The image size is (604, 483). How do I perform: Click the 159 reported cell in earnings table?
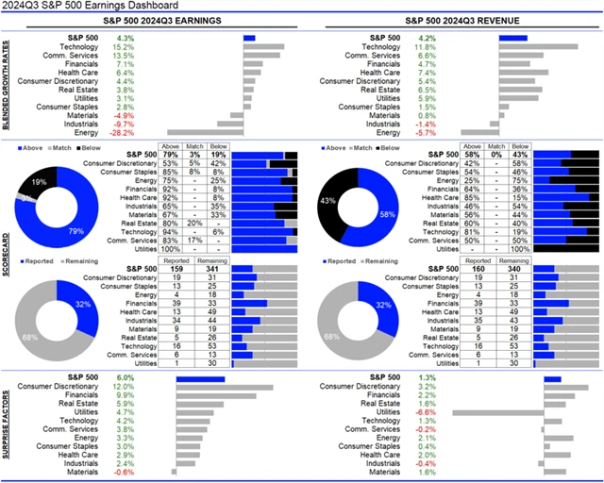[x=176, y=269]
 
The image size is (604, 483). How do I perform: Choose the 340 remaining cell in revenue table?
[x=511, y=269]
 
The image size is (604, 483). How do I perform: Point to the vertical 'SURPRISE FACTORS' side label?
[x=7, y=420]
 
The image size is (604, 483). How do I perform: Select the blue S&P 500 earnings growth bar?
[x=249, y=38]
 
